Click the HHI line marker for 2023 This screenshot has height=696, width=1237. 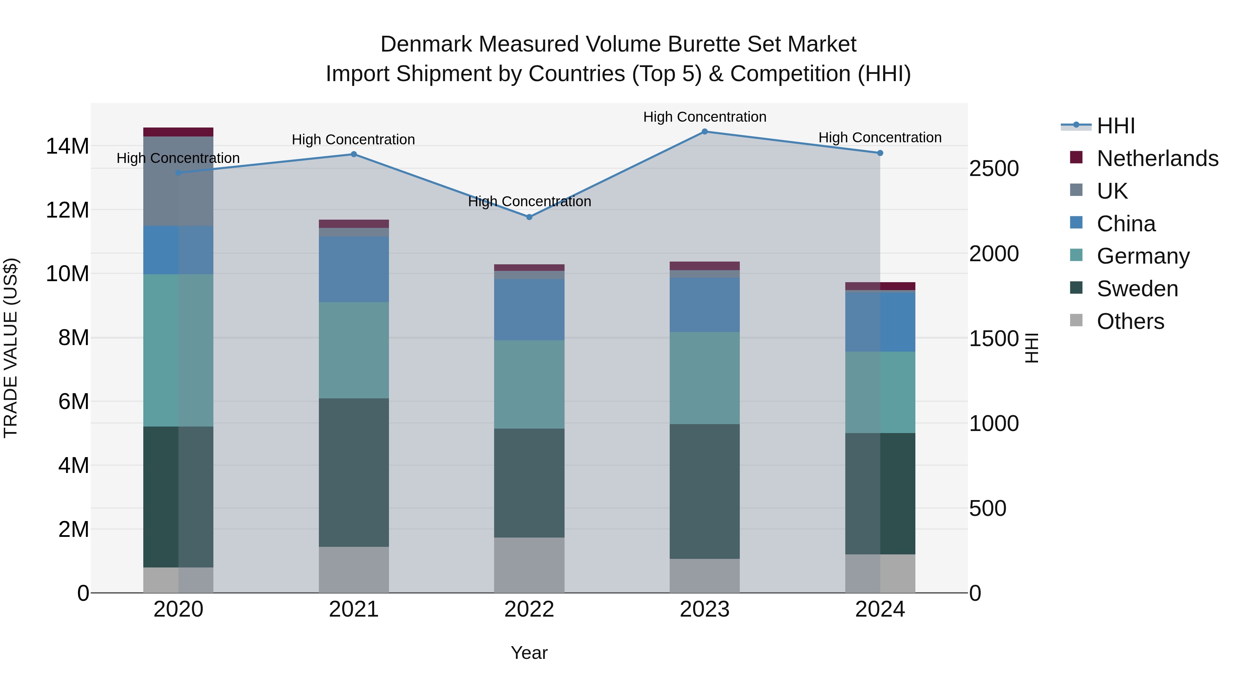click(704, 132)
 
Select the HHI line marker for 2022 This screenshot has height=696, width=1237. click(529, 217)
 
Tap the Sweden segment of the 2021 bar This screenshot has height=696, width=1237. click(354, 472)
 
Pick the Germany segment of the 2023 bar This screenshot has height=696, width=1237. click(704, 378)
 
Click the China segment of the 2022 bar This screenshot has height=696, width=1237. click(529, 310)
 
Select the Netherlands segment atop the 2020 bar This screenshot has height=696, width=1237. click(178, 132)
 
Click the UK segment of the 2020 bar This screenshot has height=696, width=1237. click(178, 181)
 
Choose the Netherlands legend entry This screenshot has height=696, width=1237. click(1157, 158)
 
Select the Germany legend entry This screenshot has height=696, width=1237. click(1143, 256)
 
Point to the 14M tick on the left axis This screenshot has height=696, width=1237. click(67, 146)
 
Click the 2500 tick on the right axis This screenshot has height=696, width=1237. click(993, 169)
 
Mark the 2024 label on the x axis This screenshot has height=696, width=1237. click(880, 609)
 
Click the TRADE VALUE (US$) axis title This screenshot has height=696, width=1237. click(11, 348)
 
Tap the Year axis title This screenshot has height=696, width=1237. click(529, 653)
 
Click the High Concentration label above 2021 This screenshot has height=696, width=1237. click(354, 140)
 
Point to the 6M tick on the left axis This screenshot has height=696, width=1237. click(74, 401)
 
